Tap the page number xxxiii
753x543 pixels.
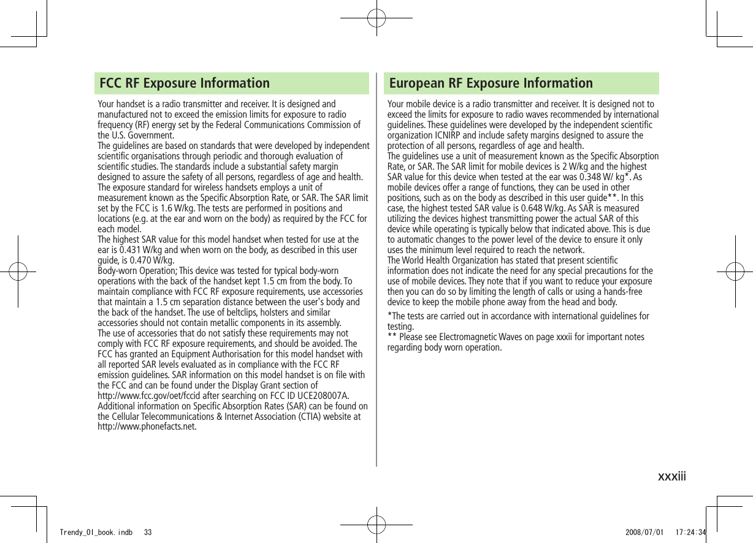point(671,476)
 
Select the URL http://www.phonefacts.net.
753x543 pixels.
point(147,427)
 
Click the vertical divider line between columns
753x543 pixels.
point(377,270)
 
